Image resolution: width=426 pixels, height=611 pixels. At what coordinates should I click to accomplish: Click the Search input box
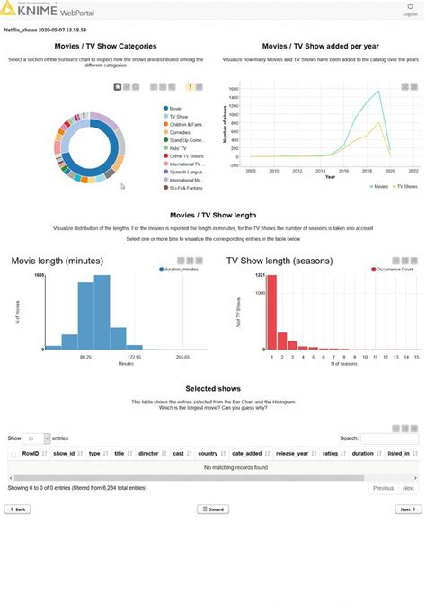(x=389, y=438)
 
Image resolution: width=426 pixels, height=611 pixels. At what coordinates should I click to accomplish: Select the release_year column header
(x=292, y=454)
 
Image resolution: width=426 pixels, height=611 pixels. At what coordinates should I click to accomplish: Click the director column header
(x=147, y=454)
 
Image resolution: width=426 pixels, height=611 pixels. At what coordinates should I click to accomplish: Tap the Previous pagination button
(x=383, y=488)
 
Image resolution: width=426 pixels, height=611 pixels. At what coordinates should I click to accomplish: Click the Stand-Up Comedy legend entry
(x=187, y=140)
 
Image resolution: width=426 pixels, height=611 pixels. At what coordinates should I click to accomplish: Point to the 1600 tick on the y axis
(x=233, y=89)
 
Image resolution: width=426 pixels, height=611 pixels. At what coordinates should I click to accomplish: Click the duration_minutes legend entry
(x=182, y=269)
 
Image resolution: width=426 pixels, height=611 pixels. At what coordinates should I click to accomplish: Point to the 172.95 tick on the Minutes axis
(x=134, y=357)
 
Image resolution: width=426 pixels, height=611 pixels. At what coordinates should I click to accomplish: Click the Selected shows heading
(x=212, y=389)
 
